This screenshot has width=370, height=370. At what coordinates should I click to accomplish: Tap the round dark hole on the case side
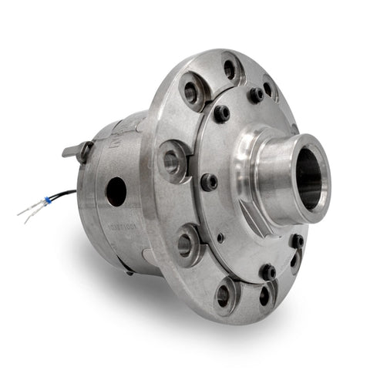pyautogui.click(x=116, y=190)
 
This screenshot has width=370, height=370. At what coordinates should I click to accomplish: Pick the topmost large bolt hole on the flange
pyautogui.click(x=229, y=69)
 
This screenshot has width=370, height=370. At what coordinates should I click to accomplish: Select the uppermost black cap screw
pyautogui.click(x=255, y=94)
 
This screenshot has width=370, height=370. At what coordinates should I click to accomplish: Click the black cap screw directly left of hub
pyautogui.click(x=209, y=183)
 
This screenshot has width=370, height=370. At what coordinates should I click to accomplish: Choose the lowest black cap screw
pyautogui.click(x=267, y=271)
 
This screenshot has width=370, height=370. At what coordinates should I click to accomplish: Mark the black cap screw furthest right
pyautogui.click(x=297, y=240)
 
